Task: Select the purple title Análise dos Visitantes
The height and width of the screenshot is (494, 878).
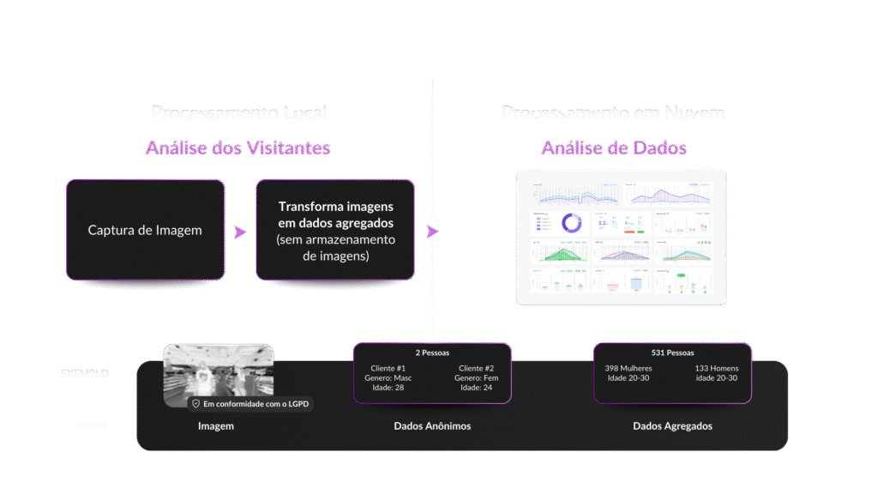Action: [238, 148]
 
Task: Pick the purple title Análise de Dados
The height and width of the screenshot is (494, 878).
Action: [614, 148]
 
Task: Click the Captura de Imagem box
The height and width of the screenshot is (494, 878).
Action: [146, 230]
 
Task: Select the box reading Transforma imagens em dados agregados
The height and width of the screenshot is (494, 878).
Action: [335, 230]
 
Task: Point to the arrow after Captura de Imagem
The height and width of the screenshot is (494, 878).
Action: [240, 232]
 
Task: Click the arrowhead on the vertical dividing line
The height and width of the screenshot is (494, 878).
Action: [432, 231]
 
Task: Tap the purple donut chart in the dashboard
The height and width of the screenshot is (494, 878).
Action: [571, 224]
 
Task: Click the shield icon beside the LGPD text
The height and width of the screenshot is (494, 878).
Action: [195, 403]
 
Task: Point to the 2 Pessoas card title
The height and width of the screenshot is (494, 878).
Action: [432, 352]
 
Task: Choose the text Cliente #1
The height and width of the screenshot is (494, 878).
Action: [388, 367]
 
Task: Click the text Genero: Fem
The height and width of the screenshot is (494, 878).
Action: [477, 377]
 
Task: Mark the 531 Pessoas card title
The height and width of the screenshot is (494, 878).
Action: [672, 352]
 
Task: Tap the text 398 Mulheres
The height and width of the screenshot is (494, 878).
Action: [628, 367]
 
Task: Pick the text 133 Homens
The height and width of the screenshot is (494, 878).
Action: [717, 367]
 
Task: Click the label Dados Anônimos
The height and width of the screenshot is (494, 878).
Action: [432, 425]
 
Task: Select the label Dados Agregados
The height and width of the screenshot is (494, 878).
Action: [672, 425]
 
